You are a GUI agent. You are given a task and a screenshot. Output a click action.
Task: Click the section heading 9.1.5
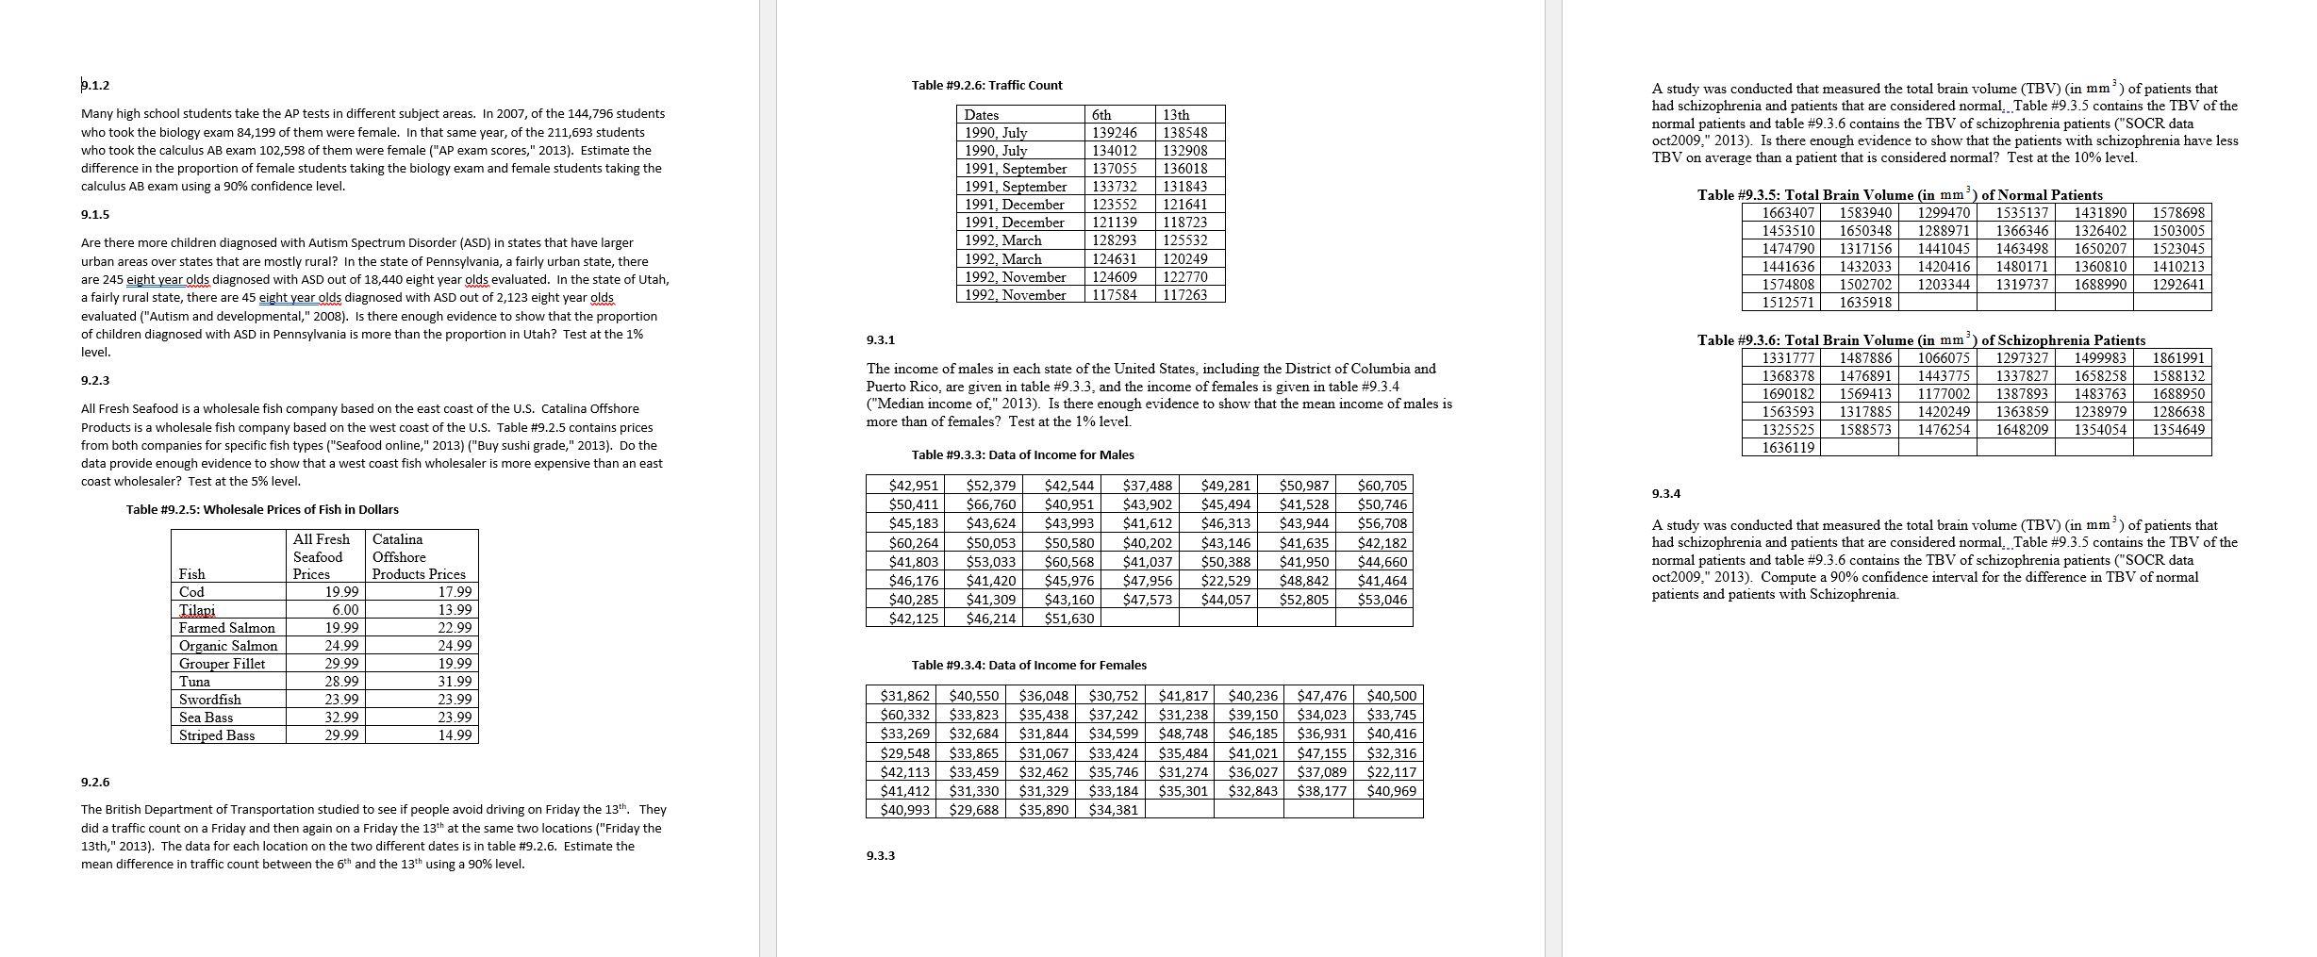94,215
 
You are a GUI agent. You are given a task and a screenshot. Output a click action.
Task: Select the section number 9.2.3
95,381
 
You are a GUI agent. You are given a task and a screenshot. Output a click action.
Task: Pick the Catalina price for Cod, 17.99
455,592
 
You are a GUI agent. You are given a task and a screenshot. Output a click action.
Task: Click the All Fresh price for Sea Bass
340,718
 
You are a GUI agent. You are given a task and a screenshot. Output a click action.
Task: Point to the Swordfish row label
209,700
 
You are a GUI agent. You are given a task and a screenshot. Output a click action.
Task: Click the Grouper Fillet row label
222,664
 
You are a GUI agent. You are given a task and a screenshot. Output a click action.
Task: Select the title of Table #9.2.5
262,510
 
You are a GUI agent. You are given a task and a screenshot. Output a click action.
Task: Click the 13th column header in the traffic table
1176,115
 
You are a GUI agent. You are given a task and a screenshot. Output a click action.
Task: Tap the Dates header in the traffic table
981,115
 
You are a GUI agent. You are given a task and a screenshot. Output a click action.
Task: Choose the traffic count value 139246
1114,133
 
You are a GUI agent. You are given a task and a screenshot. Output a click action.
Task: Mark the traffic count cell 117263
1184,295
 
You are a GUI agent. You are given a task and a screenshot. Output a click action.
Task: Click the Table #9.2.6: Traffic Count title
986,86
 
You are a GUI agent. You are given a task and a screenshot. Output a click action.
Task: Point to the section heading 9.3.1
880,339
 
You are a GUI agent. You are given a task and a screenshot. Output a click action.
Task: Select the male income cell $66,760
990,504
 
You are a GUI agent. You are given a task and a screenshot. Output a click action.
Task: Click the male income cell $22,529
1225,581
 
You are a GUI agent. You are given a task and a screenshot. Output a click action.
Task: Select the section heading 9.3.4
1665,494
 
